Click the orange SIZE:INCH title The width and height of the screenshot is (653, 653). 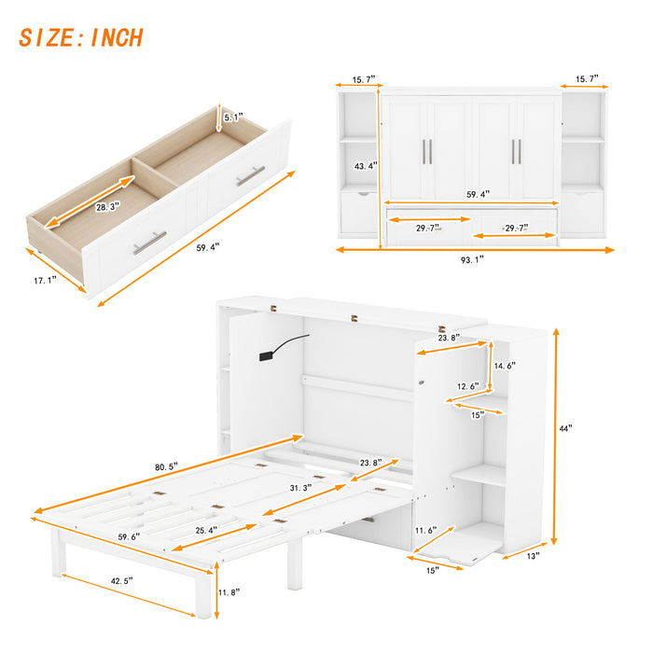(81, 38)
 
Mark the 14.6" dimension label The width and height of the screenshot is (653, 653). (506, 367)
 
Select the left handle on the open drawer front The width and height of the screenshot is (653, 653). (148, 243)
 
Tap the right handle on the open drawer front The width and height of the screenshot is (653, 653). (250, 175)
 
